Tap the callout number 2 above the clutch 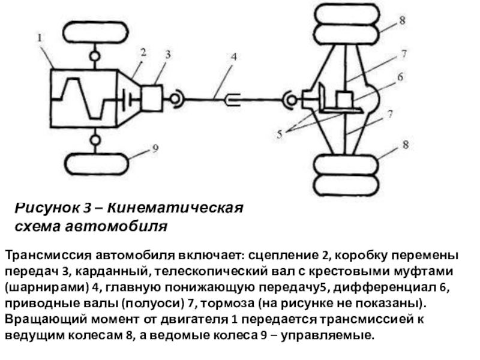143,52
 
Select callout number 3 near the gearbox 167,54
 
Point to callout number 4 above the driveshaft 233,57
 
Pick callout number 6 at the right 399,77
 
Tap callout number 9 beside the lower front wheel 155,151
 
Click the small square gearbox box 152,97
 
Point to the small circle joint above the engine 94,56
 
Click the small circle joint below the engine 94,140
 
